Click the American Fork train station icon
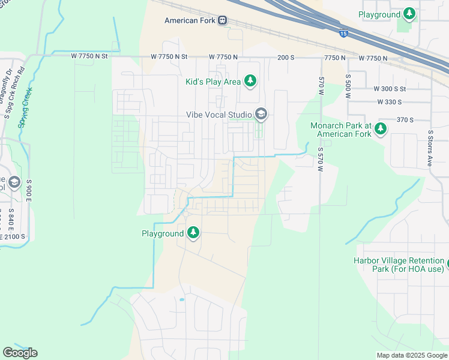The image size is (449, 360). coord(223,20)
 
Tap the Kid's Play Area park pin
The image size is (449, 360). coord(251,82)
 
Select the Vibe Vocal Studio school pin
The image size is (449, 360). coord(261,113)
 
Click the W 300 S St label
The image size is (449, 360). coord(390,89)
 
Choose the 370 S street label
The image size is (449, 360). coord(405,120)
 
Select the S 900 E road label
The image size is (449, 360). coord(28,191)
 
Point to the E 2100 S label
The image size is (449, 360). coord(13,237)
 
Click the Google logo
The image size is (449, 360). coord(20,353)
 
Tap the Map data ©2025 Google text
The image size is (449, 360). coord(411,355)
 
